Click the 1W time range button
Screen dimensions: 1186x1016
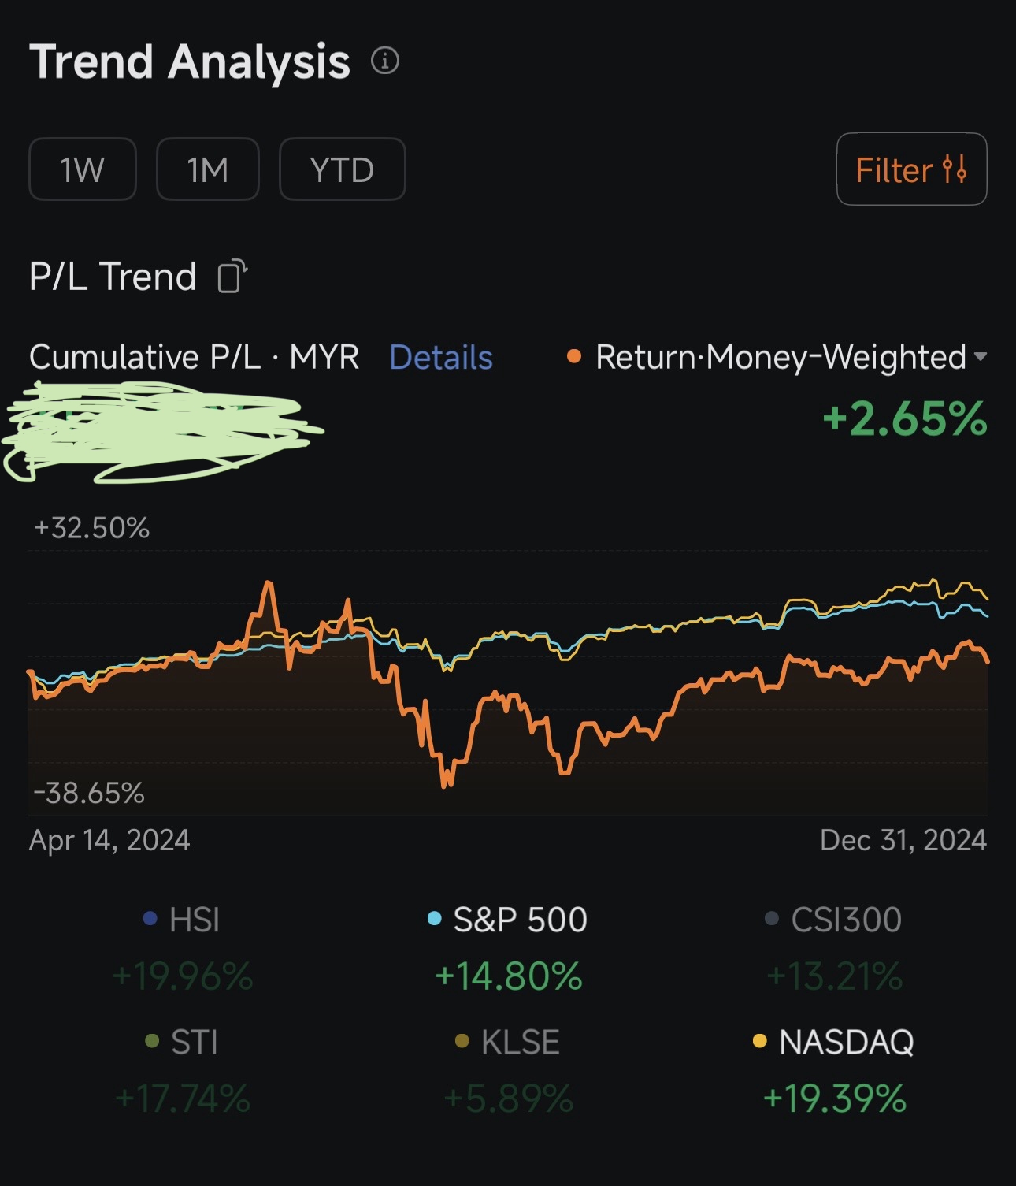pyautogui.click(x=83, y=169)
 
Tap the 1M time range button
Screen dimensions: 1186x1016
pyautogui.click(x=208, y=169)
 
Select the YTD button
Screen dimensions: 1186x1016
pyautogui.click(x=342, y=169)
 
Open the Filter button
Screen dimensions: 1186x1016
pyautogui.click(x=911, y=169)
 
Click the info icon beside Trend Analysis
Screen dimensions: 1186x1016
pyautogui.click(x=385, y=61)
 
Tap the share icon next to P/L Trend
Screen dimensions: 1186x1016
pyautogui.click(x=232, y=277)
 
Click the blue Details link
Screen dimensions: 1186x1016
pyautogui.click(x=441, y=358)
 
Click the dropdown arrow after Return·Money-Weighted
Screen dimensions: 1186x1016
pyautogui.click(x=981, y=357)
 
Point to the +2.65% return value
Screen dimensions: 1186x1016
pyautogui.click(x=905, y=418)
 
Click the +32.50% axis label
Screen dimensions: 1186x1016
pyautogui.click(x=92, y=528)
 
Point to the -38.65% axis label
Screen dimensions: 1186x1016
pyautogui.click(x=89, y=793)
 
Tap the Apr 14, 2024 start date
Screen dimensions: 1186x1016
pyautogui.click(x=109, y=840)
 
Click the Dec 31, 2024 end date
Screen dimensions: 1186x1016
pyautogui.click(x=903, y=840)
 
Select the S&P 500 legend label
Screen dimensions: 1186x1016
pyautogui.click(x=520, y=920)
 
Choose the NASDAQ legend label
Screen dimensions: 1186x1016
pyautogui.click(x=846, y=1043)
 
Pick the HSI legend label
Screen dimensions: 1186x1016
pyautogui.click(x=194, y=920)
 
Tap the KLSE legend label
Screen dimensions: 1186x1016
pyautogui.click(x=520, y=1043)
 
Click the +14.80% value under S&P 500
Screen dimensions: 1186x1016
pyautogui.click(x=509, y=976)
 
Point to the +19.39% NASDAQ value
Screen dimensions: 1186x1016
pyautogui.click(x=835, y=1099)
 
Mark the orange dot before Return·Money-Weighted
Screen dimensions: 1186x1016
pyautogui.click(x=574, y=357)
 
